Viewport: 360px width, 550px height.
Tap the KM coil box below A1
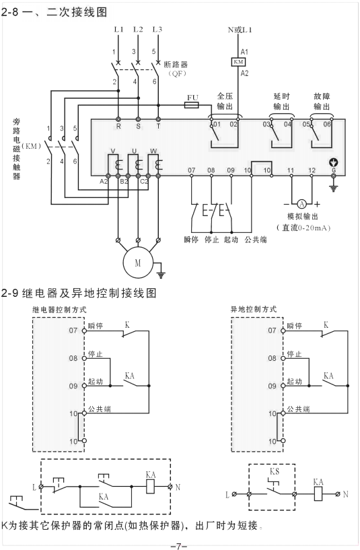[238, 62]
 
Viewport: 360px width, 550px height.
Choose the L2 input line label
[138, 29]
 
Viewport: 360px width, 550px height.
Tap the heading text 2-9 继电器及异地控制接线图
[79, 293]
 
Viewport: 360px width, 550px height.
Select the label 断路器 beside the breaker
[175, 65]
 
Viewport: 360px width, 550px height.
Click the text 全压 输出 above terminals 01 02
[225, 101]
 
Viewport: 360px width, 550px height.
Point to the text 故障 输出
[322, 101]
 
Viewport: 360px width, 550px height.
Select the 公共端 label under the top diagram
[255, 239]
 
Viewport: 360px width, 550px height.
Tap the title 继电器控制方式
[60, 310]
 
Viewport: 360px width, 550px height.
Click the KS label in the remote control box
[275, 472]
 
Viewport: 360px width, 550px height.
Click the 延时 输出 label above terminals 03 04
[282, 101]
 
